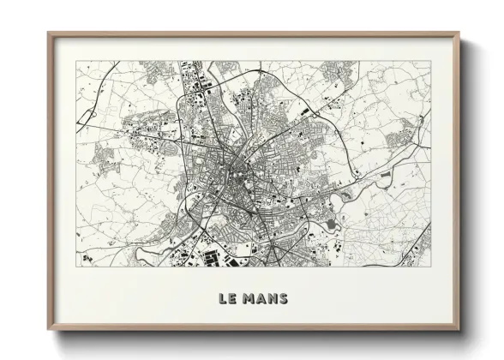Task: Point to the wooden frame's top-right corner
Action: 459,33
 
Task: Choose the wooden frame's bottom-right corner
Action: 459,331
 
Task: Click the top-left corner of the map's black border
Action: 75,60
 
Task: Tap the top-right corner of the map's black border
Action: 431,60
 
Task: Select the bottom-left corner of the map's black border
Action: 75,266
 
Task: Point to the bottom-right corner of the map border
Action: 431,266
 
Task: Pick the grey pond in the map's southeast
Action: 332,225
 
